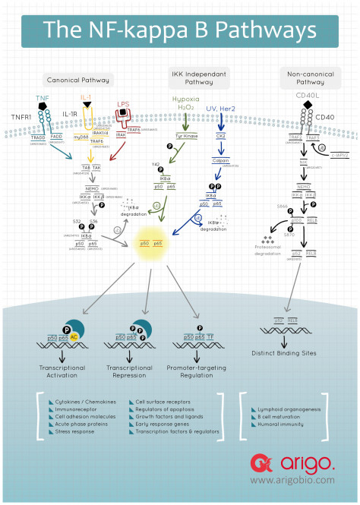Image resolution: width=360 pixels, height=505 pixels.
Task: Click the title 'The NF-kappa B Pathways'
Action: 179,30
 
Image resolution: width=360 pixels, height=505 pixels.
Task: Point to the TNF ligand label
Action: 43,97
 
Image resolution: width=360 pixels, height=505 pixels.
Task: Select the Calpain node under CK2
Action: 222,159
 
